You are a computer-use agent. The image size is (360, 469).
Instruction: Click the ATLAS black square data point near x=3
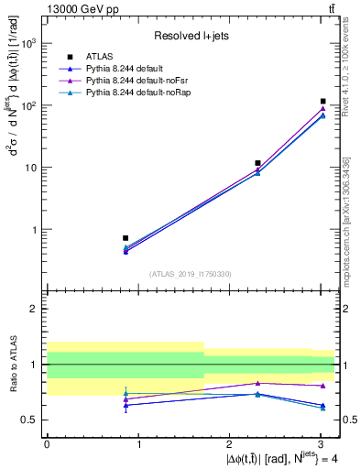click(x=323, y=102)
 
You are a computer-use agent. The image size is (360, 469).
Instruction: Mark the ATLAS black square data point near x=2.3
click(x=258, y=163)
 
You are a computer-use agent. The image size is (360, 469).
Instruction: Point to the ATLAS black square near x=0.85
click(x=125, y=238)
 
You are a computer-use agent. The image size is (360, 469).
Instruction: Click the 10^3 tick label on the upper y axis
click(x=28, y=43)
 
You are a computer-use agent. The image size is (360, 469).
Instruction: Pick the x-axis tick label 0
click(x=47, y=442)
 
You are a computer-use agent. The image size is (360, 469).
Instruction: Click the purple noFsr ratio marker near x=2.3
click(x=258, y=383)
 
